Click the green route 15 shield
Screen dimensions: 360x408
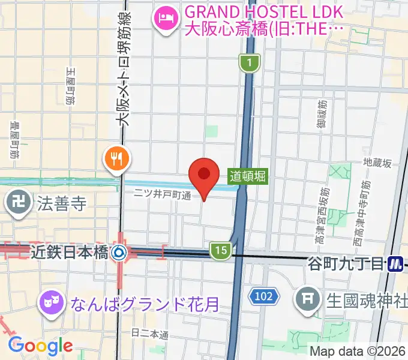221,251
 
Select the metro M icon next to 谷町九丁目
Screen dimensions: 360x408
394,263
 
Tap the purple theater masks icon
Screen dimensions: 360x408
50,301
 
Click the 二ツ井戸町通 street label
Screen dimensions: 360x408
162,195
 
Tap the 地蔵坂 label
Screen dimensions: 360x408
377,163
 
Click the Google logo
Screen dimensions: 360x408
40,346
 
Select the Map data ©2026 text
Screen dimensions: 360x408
357,352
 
